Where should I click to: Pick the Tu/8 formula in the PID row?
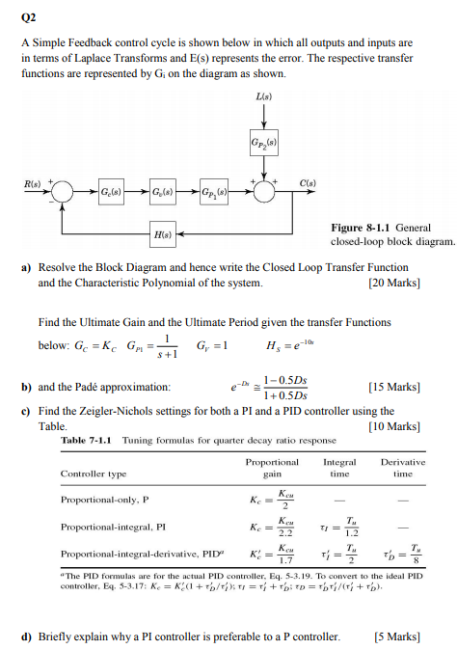pos(404,555)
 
